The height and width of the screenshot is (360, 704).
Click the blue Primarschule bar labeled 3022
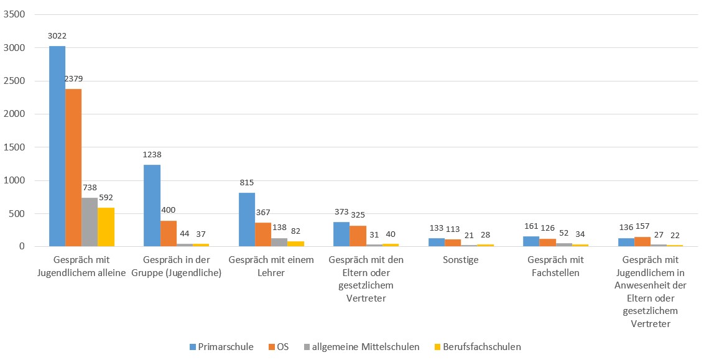57,146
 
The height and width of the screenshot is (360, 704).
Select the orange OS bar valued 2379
73,168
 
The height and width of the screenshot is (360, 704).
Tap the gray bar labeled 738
90,222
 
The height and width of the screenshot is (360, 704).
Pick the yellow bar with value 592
106,227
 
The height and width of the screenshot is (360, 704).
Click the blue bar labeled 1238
152,205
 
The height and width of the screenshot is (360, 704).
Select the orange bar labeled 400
169,234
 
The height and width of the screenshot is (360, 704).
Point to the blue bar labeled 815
247,219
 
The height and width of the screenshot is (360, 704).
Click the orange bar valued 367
263,234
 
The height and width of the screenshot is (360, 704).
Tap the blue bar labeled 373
341,234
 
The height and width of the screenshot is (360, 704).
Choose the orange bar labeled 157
642,242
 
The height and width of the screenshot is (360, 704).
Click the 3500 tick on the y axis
14,14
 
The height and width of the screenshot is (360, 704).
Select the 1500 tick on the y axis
14,147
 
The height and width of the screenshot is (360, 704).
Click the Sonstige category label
461,260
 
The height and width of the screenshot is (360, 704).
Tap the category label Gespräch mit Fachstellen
555,266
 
